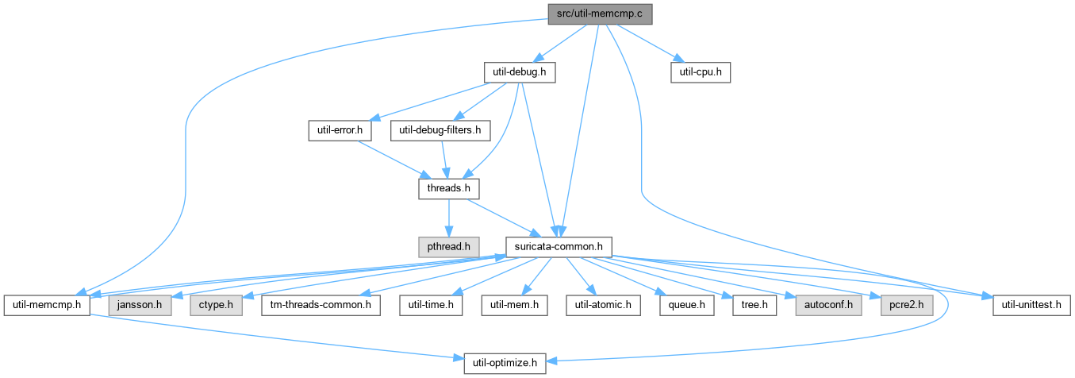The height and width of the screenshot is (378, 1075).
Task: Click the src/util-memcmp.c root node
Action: coord(600,14)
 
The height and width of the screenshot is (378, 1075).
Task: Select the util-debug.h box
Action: coord(520,72)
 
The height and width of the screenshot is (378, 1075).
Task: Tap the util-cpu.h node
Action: coord(701,72)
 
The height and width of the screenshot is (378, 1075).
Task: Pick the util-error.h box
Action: coord(340,131)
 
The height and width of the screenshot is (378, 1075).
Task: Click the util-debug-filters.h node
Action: coord(440,131)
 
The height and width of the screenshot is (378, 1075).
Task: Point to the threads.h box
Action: coord(449,189)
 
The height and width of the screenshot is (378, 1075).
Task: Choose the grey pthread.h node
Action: coord(449,247)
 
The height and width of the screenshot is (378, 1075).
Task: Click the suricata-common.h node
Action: coord(559,247)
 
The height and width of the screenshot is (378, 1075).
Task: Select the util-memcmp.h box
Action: coord(47,306)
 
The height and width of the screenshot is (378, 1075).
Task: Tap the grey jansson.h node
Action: coord(140,306)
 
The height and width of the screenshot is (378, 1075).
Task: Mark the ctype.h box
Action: coord(216,306)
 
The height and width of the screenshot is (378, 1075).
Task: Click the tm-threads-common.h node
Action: coord(321,306)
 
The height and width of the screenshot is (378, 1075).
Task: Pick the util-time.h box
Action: coord(431,306)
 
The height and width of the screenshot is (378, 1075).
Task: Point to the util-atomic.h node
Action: coord(603,306)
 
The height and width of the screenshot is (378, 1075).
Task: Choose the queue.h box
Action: coord(687,306)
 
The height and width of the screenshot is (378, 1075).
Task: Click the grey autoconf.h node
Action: coord(828,306)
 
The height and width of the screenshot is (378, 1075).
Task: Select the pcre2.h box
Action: coord(907,306)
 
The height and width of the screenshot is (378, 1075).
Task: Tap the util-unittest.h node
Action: coord(1031,306)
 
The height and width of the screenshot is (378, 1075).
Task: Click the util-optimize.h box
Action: coord(505,364)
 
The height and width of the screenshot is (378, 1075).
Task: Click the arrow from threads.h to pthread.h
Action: coord(449,218)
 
